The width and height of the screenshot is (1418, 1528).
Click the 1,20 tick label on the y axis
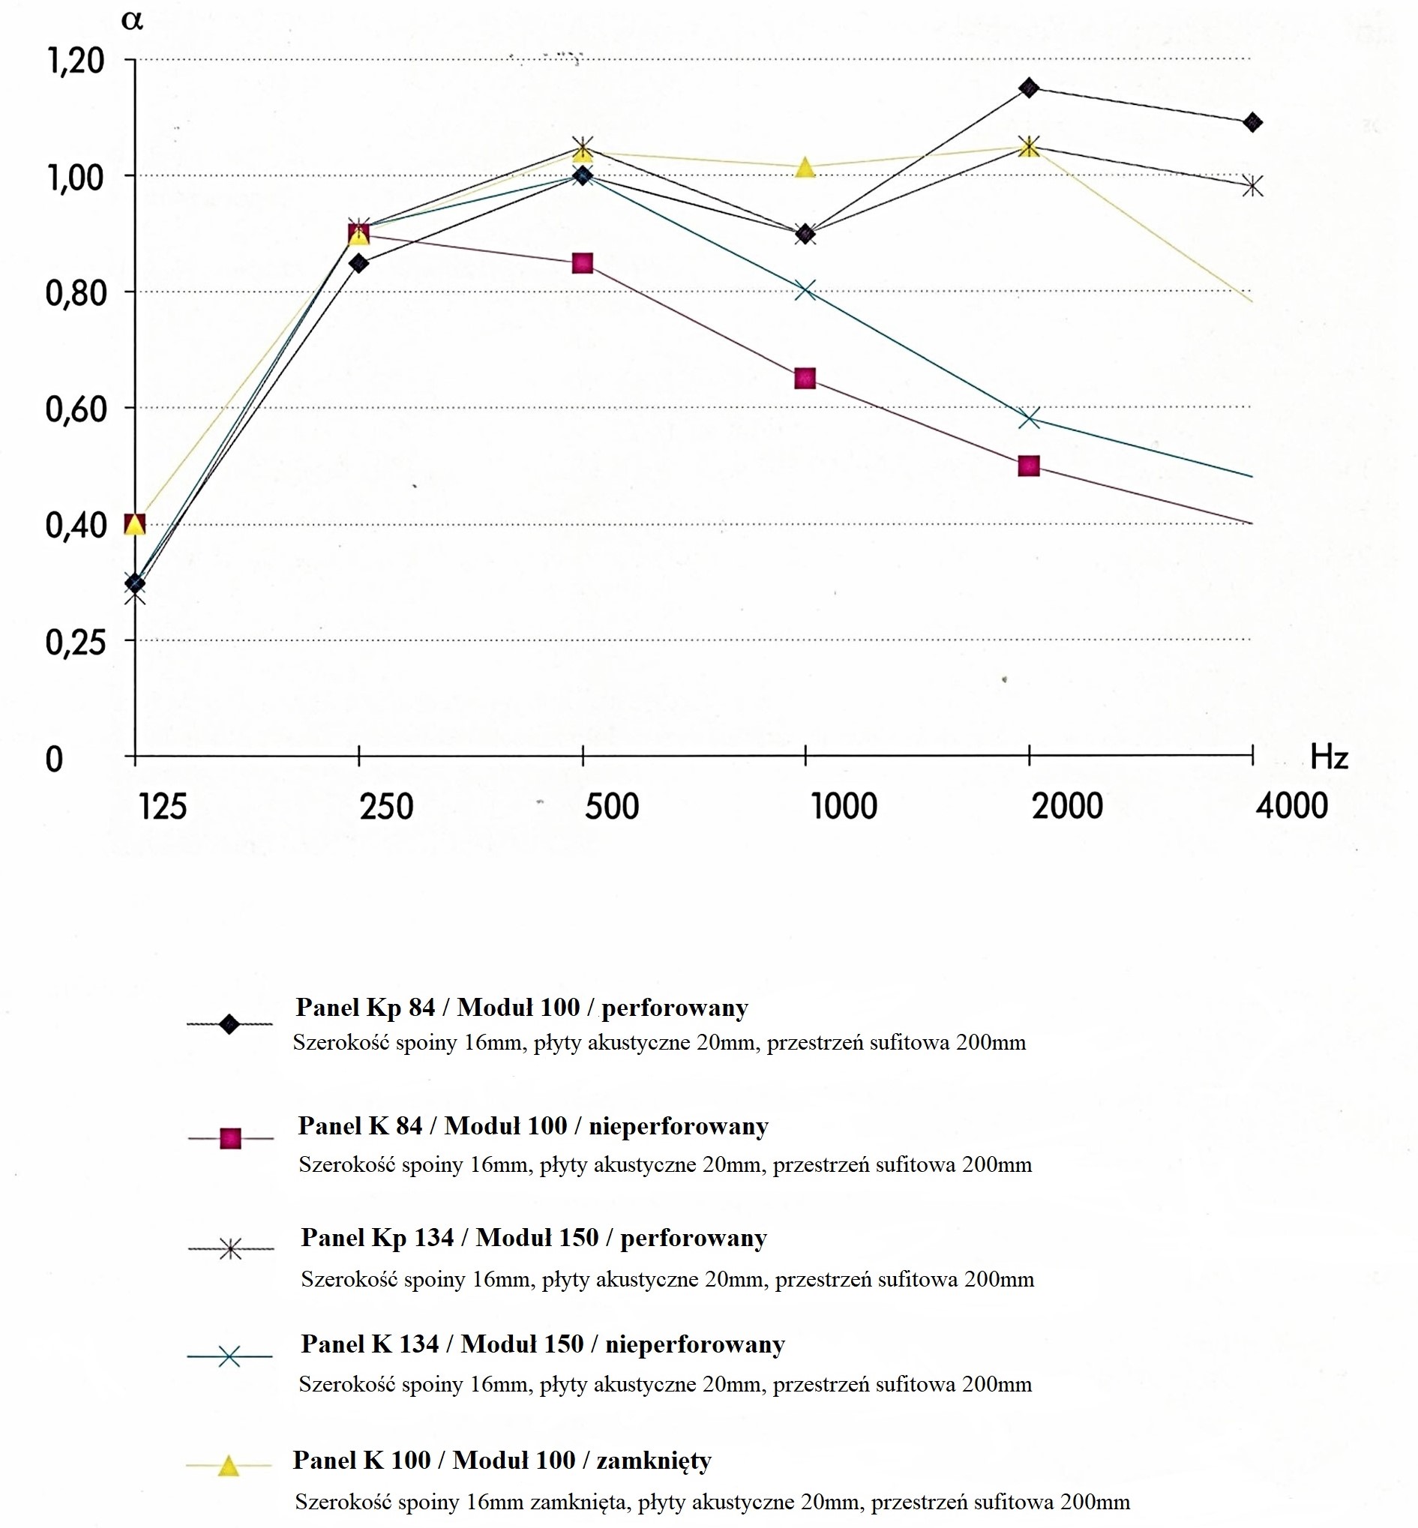[76, 61]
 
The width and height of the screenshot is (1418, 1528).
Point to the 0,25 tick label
[76, 642]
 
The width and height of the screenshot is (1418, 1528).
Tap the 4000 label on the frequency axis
[1291, 806]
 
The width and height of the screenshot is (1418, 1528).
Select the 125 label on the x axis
[163, 807]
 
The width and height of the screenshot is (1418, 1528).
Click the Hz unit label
[1329, 758]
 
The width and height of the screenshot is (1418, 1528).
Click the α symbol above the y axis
[132, 21]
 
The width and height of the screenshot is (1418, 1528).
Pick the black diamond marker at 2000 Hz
[1029, 88]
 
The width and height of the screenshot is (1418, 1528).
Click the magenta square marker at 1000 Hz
[805, 378]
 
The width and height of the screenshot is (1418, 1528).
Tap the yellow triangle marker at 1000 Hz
[805, 167]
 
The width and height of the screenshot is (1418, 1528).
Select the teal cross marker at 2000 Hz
[1029, 418]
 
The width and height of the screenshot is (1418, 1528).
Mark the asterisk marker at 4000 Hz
[1252, 186]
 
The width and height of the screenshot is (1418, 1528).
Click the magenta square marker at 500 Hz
[583, 264]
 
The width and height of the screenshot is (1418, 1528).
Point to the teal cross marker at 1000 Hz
[805, 290]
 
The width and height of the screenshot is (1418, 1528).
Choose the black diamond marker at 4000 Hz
[1252, 123]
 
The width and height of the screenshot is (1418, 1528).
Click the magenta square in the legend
[230, 1139]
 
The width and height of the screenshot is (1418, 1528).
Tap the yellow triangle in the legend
[229, 1467]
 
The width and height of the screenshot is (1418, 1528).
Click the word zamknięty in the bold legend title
[654, 1460]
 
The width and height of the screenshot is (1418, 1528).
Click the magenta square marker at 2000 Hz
[1029, 466]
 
